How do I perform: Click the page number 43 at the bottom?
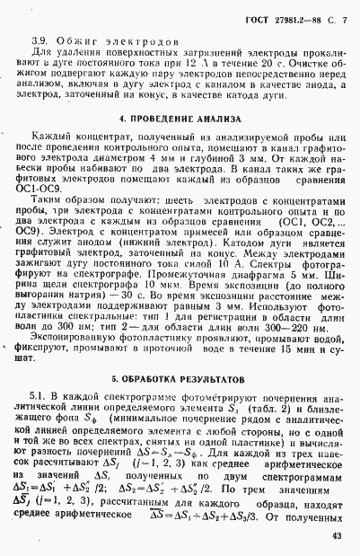pos(334,535)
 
